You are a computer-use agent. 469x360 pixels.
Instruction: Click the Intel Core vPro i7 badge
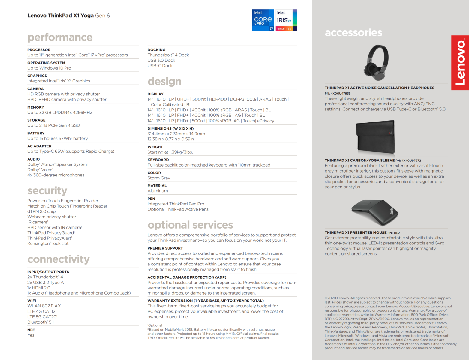pos(263,20)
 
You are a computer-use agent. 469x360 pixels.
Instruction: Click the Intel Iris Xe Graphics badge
pos(286,20)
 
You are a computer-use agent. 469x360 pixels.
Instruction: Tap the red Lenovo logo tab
pos(460,63)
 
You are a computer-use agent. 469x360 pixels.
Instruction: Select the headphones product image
pos(376,62)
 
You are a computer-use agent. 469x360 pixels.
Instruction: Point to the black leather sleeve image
pos(375,137)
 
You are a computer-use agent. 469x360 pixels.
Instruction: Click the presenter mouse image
pos(375,212)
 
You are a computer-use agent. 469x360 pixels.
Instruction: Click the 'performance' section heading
pos(60,37)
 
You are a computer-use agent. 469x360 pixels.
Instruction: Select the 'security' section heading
pos(47,190)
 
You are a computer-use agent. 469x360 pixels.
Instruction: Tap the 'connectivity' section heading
pos(59,259)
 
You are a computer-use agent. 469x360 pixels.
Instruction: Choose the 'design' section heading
pos(164,81)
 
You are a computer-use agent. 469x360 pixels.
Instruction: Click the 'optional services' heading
pos(190,225)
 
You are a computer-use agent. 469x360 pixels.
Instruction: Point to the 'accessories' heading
pos(353,32)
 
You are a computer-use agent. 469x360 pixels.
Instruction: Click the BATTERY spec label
pos(36,133)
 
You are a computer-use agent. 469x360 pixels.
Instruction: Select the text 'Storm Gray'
pos(159,178)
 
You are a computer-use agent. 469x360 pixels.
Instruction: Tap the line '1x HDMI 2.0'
pos(39,288)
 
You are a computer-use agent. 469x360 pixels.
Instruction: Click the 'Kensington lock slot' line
pos(48,244)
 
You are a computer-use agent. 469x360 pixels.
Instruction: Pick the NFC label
pos(31,330)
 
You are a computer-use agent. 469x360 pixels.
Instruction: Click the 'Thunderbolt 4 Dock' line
pos(168,55)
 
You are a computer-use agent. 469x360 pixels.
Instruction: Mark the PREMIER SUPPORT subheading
pos(165,248)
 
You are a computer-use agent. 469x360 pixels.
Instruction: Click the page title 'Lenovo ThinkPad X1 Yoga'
pos(61,16)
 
